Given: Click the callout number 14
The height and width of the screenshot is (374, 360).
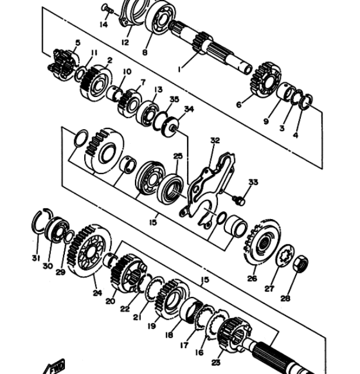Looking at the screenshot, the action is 103,25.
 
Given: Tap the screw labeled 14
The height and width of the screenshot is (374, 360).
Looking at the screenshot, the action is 108,9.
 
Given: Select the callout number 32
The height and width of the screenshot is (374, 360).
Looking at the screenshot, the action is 215,140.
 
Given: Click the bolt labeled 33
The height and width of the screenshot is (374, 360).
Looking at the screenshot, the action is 239,200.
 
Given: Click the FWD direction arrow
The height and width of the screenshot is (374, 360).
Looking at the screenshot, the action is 54,366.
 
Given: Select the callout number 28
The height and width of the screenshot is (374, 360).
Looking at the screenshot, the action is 285,299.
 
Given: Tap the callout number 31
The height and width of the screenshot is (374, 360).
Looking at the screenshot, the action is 36,258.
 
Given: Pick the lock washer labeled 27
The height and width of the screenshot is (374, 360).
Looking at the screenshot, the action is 285,255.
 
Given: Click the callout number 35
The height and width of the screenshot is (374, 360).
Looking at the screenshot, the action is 174,99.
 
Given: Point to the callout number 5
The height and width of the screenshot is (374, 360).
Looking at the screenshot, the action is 78,43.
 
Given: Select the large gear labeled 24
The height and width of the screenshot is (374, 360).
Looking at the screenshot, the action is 89,251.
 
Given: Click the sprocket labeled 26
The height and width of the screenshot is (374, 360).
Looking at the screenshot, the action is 262,243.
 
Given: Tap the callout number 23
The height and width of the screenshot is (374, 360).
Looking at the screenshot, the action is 216,363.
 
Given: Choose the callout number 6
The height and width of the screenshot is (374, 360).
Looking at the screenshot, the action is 239,105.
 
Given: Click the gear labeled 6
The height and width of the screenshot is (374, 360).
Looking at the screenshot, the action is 265,80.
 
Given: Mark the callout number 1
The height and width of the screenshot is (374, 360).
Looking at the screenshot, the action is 179,69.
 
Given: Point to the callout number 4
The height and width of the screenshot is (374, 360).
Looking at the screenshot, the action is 295,135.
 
